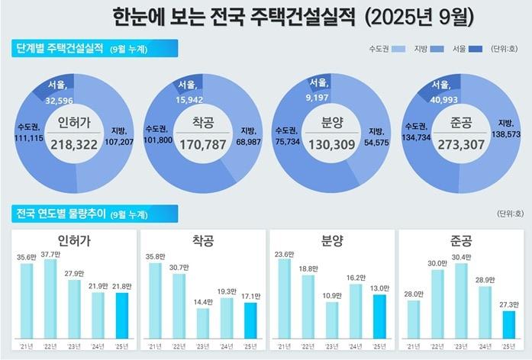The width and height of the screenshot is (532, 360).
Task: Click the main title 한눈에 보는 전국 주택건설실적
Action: point(233,16)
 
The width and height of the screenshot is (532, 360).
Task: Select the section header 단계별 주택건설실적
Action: point(62,49)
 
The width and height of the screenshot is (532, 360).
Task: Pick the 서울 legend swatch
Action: point(474,49)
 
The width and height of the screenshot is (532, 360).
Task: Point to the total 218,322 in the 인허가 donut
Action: point(75,143)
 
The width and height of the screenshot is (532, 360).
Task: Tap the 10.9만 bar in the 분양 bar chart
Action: point(332,320)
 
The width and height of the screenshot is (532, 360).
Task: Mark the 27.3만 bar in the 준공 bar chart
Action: point(508,323)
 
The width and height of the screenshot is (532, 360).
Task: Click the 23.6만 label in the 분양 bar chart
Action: point(285,253)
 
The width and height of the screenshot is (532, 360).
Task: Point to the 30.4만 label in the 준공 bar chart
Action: point(460,257)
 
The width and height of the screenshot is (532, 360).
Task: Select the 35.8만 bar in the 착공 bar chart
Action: point(155,301)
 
